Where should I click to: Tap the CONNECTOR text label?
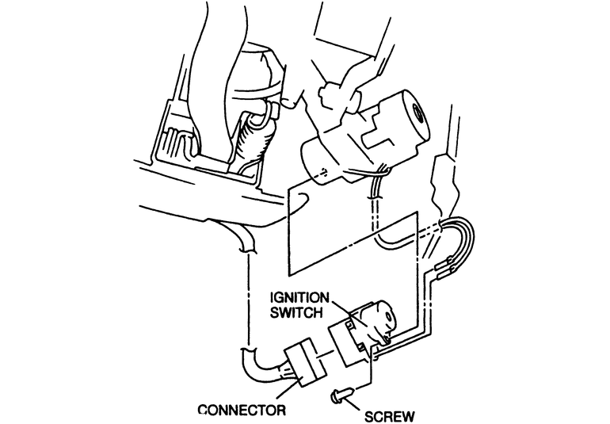(242, 411)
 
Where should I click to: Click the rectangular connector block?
(300, 366)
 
